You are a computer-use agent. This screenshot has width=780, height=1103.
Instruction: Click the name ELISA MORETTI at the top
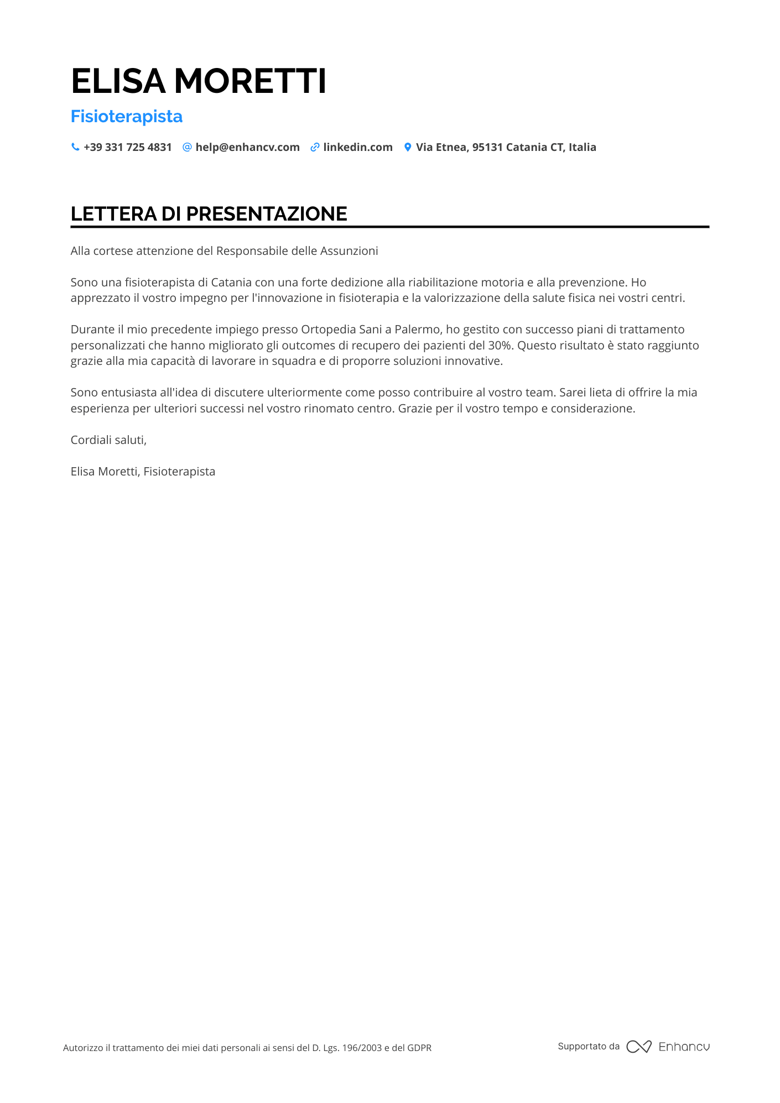(199, 81)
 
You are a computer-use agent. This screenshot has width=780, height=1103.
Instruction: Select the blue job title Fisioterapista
(127, 117)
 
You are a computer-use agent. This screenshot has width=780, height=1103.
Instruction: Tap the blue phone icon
(75, 147)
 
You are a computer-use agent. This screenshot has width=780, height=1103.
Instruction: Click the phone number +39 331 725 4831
(128, 147)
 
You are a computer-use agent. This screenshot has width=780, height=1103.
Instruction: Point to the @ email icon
(187, 147)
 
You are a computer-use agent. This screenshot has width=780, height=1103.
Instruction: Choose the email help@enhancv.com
(247, 147)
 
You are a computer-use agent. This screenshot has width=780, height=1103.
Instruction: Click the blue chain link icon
(315, 147)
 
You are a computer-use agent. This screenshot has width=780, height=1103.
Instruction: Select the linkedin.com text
(358, 147)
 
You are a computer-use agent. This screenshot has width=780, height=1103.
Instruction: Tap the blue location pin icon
(408, 147)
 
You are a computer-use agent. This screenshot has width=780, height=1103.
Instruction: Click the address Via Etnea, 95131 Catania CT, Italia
(506, 147)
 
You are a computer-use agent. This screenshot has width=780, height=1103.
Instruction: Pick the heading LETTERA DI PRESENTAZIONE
(209, 214)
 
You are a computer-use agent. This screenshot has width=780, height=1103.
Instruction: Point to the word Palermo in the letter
(417, 330)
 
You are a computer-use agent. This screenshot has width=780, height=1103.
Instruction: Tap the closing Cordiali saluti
(108, 440)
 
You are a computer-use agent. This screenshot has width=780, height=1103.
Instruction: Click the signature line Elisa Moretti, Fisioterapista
(143, 472)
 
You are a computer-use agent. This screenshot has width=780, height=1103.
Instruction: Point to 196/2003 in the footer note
(362, 1048)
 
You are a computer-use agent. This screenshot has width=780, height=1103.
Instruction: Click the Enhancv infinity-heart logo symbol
(639, 1047)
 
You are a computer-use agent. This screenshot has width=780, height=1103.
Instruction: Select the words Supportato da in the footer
(589, 1046)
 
